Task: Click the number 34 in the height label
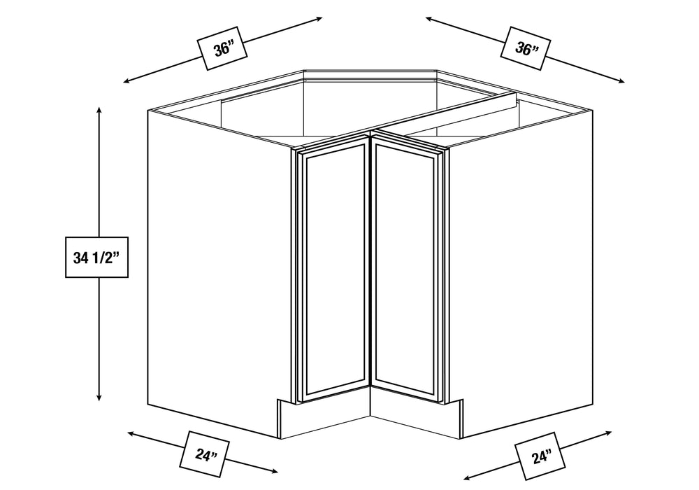[80, 258]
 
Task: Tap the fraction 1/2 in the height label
[103, 258]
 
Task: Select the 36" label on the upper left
[222, 48]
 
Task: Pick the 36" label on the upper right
[526, 48]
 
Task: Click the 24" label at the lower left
[205, 454]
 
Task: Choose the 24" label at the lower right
[540, 456]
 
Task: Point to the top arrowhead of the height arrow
[99, 110]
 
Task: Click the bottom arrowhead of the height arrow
[99, 397]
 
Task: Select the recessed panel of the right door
[405, 268]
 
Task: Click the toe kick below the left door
[324, 416]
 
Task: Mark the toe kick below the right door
[417, 416]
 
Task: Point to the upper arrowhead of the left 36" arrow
[319, 19]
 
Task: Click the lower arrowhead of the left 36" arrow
[127, 80]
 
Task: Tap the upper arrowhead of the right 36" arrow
[429, 19]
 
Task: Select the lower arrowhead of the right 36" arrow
[621, 80]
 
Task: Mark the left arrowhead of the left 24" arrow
[131, 433]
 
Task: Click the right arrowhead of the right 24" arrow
[608, 433]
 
